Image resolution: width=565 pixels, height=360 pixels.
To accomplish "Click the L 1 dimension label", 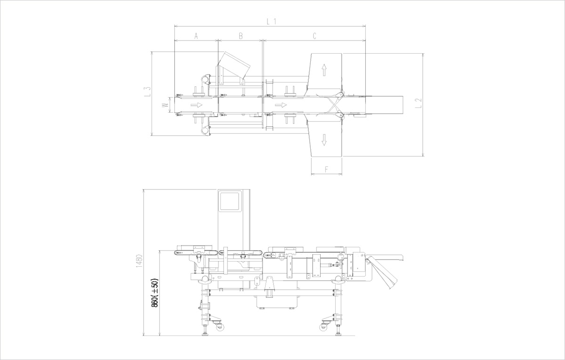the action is coord(271,22).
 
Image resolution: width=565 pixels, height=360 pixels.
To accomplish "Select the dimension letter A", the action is coord(196,36).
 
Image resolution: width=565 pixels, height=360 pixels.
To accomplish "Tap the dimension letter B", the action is coord(241,36).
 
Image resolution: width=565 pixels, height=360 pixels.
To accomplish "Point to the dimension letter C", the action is coord(315,36).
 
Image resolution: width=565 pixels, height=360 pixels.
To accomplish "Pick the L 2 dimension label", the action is coord(418,103).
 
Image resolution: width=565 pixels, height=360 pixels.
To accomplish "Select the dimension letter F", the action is coord(326,169).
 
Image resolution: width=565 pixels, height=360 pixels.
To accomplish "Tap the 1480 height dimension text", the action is coord(139,261).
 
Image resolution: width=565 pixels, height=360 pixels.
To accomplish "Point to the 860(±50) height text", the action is coord(154,293).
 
